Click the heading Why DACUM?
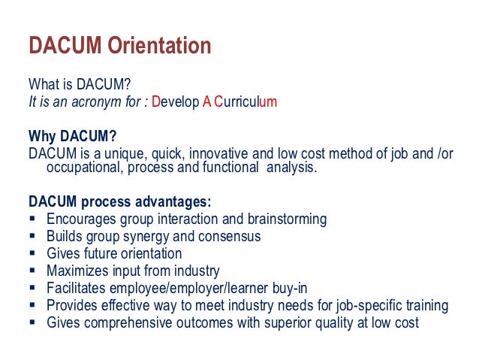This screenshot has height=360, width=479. tap(73, 136)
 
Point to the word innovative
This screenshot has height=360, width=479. tap(218, 153)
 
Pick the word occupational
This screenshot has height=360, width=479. tap(83, 168)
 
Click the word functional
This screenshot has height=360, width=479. tap(224, 168)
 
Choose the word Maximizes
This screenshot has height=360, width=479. tap(80, 271)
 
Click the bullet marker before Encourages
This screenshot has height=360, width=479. tap(32, 219)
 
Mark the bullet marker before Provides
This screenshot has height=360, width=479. tap(32, 306)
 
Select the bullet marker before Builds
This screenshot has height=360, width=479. tap(32, 237)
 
